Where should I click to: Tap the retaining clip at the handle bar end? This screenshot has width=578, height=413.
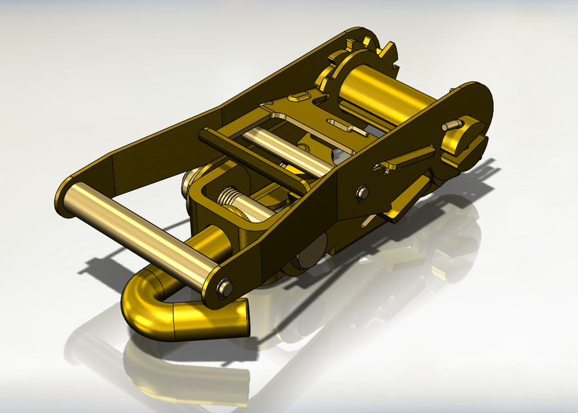click(x=224, y=288)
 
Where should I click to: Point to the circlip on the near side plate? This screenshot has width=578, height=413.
click(x=363, y=192)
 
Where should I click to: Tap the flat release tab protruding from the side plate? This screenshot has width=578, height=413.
click(x=406, y=159)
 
